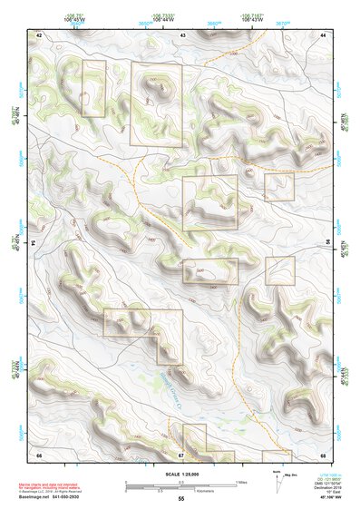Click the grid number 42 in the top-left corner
click(39, 34)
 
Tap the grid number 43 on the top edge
click(182, 34)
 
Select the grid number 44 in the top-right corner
click(324, 34)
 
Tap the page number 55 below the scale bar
click(181, 499)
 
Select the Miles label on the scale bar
click(240, 481)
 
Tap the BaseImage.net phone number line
click(56, 496)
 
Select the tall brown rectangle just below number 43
click(156, 103)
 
